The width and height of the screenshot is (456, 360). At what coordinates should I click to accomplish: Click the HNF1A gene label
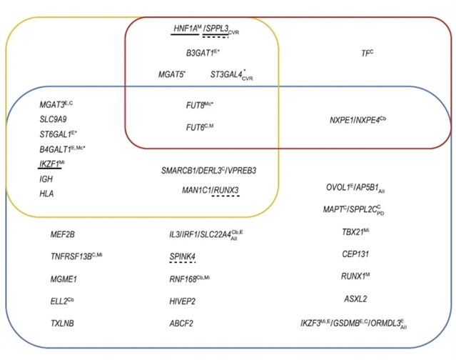tap(184, 28)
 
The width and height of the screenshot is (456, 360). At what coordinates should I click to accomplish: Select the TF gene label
tap(367, 52)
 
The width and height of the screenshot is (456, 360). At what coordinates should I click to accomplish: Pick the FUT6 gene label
tap(199, 128)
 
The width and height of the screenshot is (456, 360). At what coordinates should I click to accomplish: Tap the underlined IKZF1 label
tap(51, 164)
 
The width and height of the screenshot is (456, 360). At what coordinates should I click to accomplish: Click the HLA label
tap(46, 194)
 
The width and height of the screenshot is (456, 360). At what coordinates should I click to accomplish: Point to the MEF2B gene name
tap(63, 234)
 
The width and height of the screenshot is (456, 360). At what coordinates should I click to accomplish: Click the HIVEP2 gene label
tap(182, 301)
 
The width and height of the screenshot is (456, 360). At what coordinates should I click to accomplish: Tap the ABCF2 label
tap(181, 324)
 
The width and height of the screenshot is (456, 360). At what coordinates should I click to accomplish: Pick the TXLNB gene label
tap(62, 324)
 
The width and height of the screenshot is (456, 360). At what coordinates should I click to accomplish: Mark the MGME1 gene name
tap(63, 279)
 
